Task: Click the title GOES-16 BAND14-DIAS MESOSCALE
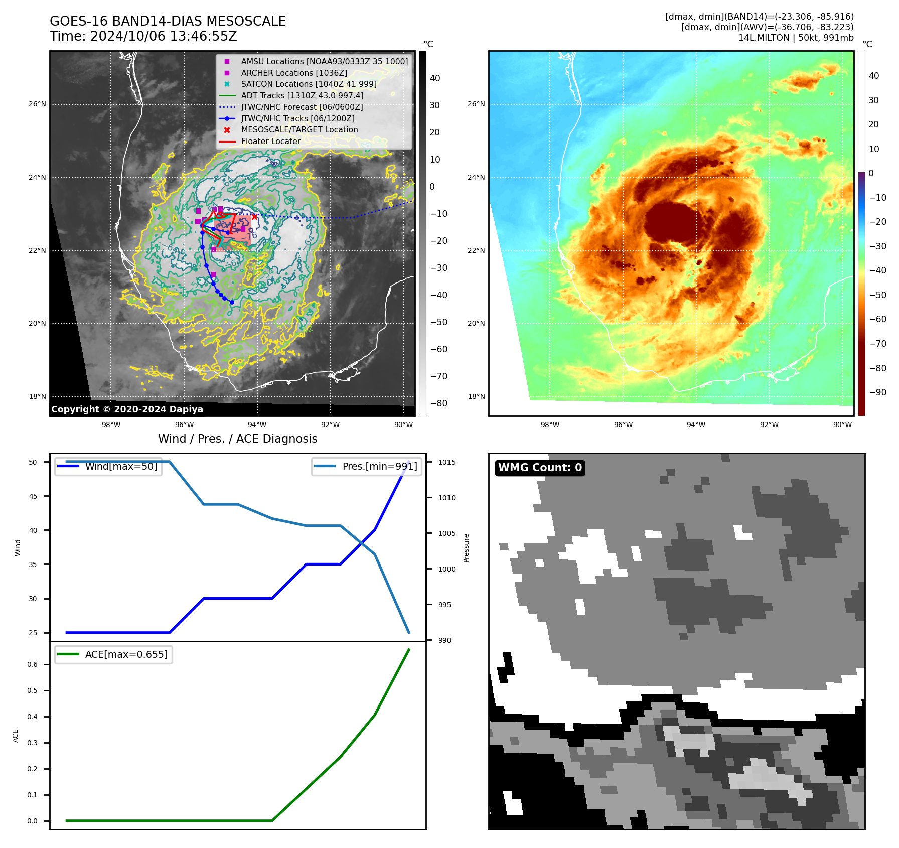tap(168, 21)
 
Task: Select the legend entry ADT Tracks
tap(302, 95)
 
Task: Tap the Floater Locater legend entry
tap(270, 141)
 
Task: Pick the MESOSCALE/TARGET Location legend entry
tap(299, 129)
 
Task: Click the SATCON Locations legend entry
tap(309, 84)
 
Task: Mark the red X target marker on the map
tap(254, 217)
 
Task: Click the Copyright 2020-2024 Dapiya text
tap(127, 409)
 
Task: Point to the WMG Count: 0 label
tap(540, 468)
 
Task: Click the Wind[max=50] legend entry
tap(121, 466)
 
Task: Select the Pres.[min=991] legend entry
tap(379, 466)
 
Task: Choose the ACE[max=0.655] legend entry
tap(126, 654)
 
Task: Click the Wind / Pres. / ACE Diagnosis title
tap(237, 439)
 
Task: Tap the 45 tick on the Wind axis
tap(33, 496)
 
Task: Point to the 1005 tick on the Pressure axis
tap(446, 533)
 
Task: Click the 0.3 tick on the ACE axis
tap(32, 743)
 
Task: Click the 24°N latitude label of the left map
tap(37, 177)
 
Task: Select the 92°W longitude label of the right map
tap(769, 425)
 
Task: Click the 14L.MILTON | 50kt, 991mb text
tap(796, 38)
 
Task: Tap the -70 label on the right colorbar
tap(877, 344)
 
